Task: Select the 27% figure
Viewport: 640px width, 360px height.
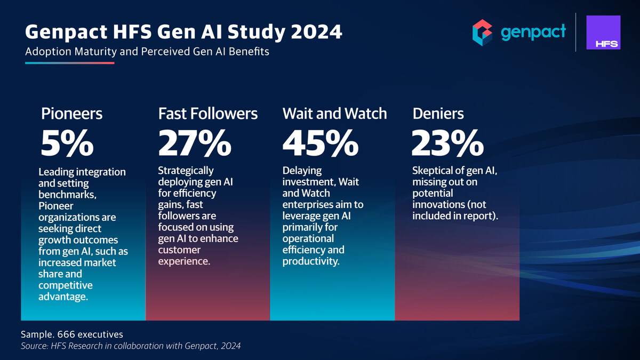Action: (195, 144)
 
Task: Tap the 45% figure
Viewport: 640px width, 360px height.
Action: (319, 144)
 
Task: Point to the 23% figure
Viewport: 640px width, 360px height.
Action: (447, 144)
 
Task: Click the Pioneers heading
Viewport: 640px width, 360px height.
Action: (71, 114)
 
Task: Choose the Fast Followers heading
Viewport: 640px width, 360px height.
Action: (208, 114)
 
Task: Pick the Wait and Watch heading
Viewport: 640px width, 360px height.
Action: (334, 114)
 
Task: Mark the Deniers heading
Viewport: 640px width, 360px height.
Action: (438, 114)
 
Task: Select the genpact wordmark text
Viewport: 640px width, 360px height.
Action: (533, 33)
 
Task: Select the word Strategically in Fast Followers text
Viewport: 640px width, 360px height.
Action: (186, 171)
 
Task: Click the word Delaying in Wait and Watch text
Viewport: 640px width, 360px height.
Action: (302, 171)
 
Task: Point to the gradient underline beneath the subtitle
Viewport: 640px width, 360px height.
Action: (70, 63)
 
